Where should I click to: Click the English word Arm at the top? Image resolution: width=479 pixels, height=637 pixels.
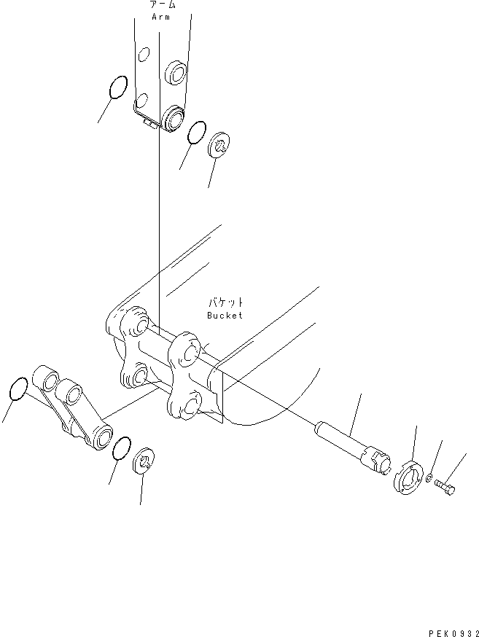click(160, 16)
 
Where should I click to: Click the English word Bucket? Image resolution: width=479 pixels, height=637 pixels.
click(224, 315)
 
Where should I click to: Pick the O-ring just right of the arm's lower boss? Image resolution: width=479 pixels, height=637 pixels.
click(195, 133)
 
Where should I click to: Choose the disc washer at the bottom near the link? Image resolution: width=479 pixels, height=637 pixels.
click(146, 461)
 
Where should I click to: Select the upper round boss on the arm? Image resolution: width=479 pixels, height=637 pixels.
click(176, 71)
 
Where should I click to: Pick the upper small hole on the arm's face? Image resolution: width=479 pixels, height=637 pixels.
click(145, 53)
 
